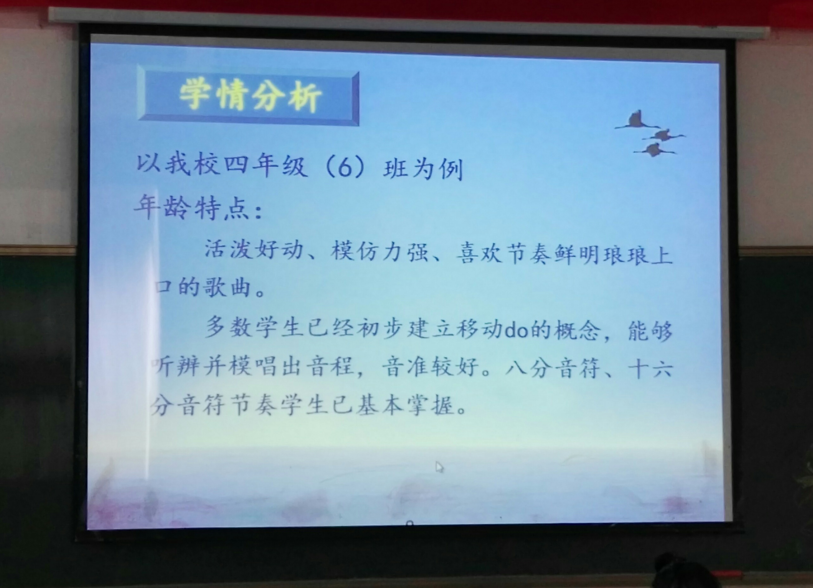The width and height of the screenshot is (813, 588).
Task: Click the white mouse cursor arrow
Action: point(439,467)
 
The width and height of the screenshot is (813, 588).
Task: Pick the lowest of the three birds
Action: point(654,150)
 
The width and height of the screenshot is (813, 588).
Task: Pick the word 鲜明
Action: point(577,255)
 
